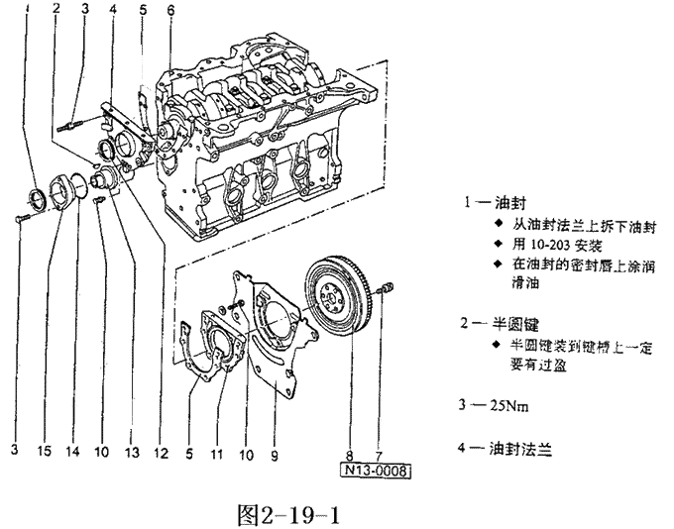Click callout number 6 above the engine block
tap(169, 11)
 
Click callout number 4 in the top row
tap(114, 11)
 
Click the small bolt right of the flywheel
tap(388, 288)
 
